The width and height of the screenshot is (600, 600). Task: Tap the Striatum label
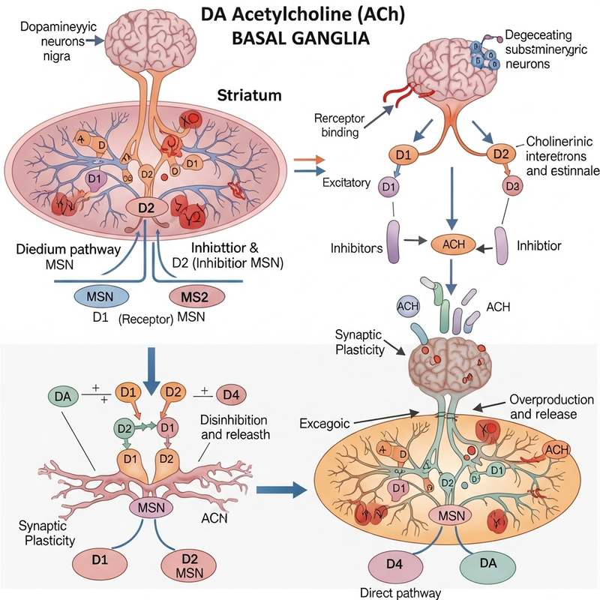250,96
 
